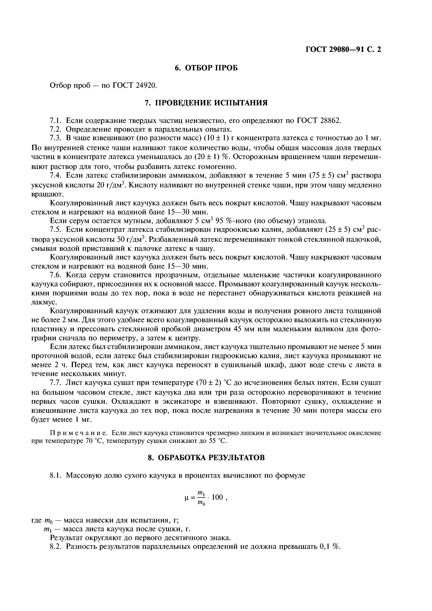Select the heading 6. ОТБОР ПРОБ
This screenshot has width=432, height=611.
point(206,68)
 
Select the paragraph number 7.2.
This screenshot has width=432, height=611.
point(56,129)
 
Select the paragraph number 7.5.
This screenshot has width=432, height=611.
point(56,230)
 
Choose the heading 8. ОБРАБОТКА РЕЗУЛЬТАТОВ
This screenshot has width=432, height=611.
point(206,458)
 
